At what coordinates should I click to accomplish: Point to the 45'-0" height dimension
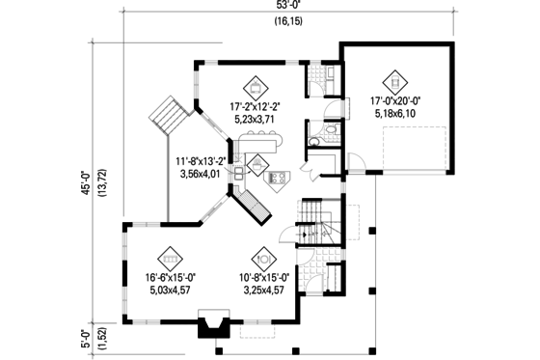84,181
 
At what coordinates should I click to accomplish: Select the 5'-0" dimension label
84,328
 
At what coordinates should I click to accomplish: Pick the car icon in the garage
393,80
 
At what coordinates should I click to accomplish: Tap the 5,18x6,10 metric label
392,113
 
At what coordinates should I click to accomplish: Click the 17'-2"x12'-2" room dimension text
256,105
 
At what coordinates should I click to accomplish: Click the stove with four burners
278,177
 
